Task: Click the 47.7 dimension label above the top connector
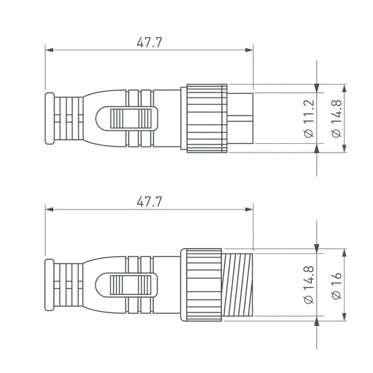(149, 42)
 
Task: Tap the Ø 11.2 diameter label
(308, 118)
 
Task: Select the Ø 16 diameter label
(336, 282)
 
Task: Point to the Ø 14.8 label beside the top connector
(336, 118)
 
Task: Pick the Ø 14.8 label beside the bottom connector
(308, 282)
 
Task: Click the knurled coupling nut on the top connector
(207, 118)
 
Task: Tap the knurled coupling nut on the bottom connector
(202, 282)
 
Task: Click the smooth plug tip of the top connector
(241, 118)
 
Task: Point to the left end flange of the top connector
(48, 118)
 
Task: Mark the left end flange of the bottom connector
(48, 282)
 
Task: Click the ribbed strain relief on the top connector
(70, 118)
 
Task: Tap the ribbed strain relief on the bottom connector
(70, 282)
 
